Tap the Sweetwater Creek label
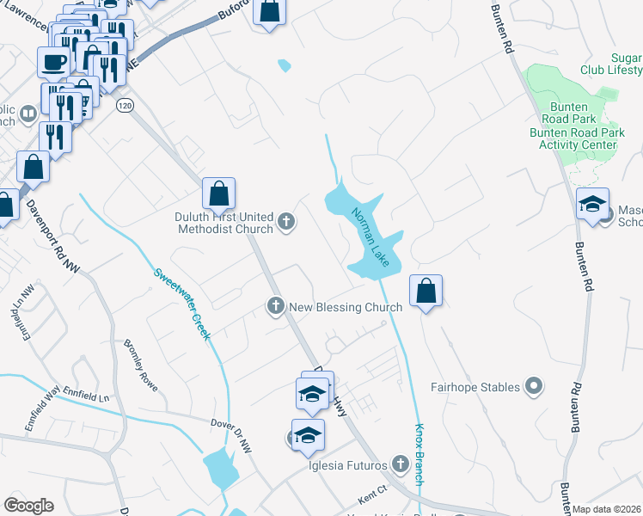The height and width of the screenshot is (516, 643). tap(182, 303)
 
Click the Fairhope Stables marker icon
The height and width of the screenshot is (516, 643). tap(535, 387)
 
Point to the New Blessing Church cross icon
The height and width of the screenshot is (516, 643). tap(276, 306)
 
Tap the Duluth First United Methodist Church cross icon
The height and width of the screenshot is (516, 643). tap(286, 224)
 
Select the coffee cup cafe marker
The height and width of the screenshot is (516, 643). tap(53, 62)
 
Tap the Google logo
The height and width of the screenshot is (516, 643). tap(28, 506)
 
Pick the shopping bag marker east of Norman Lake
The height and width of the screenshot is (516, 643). tap(426, 292)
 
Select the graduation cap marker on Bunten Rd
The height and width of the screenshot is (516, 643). tap(592, 205)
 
